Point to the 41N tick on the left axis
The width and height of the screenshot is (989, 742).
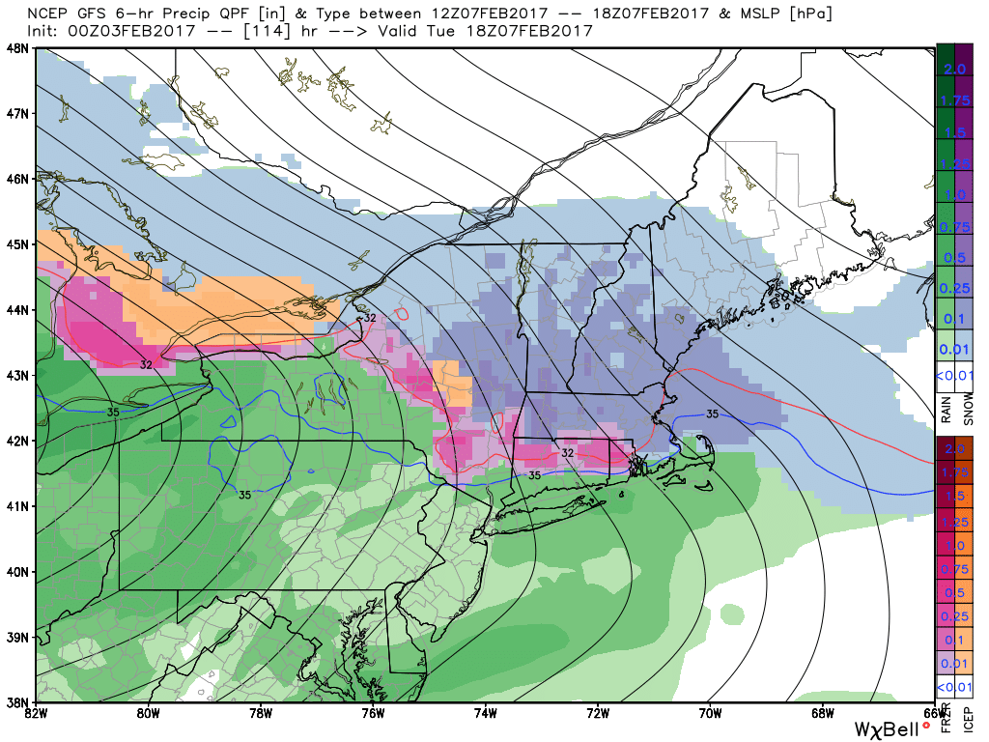coord(16,505)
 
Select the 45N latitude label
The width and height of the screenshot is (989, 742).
coord(16,243)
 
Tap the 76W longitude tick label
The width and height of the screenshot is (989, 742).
coord(373,713)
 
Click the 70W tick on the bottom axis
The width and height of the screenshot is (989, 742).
coord(710,713)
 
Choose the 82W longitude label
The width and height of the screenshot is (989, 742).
coord(36,713)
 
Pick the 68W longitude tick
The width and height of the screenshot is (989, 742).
coord(822,713)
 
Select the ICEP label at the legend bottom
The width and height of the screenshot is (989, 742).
coord(969,720)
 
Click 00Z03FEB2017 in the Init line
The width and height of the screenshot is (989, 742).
coord(123,31)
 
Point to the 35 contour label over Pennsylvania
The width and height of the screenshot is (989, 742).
coord(248,494)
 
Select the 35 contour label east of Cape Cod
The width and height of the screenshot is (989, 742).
coord(712,414)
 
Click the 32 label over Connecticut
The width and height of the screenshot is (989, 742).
coord(568,452)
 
